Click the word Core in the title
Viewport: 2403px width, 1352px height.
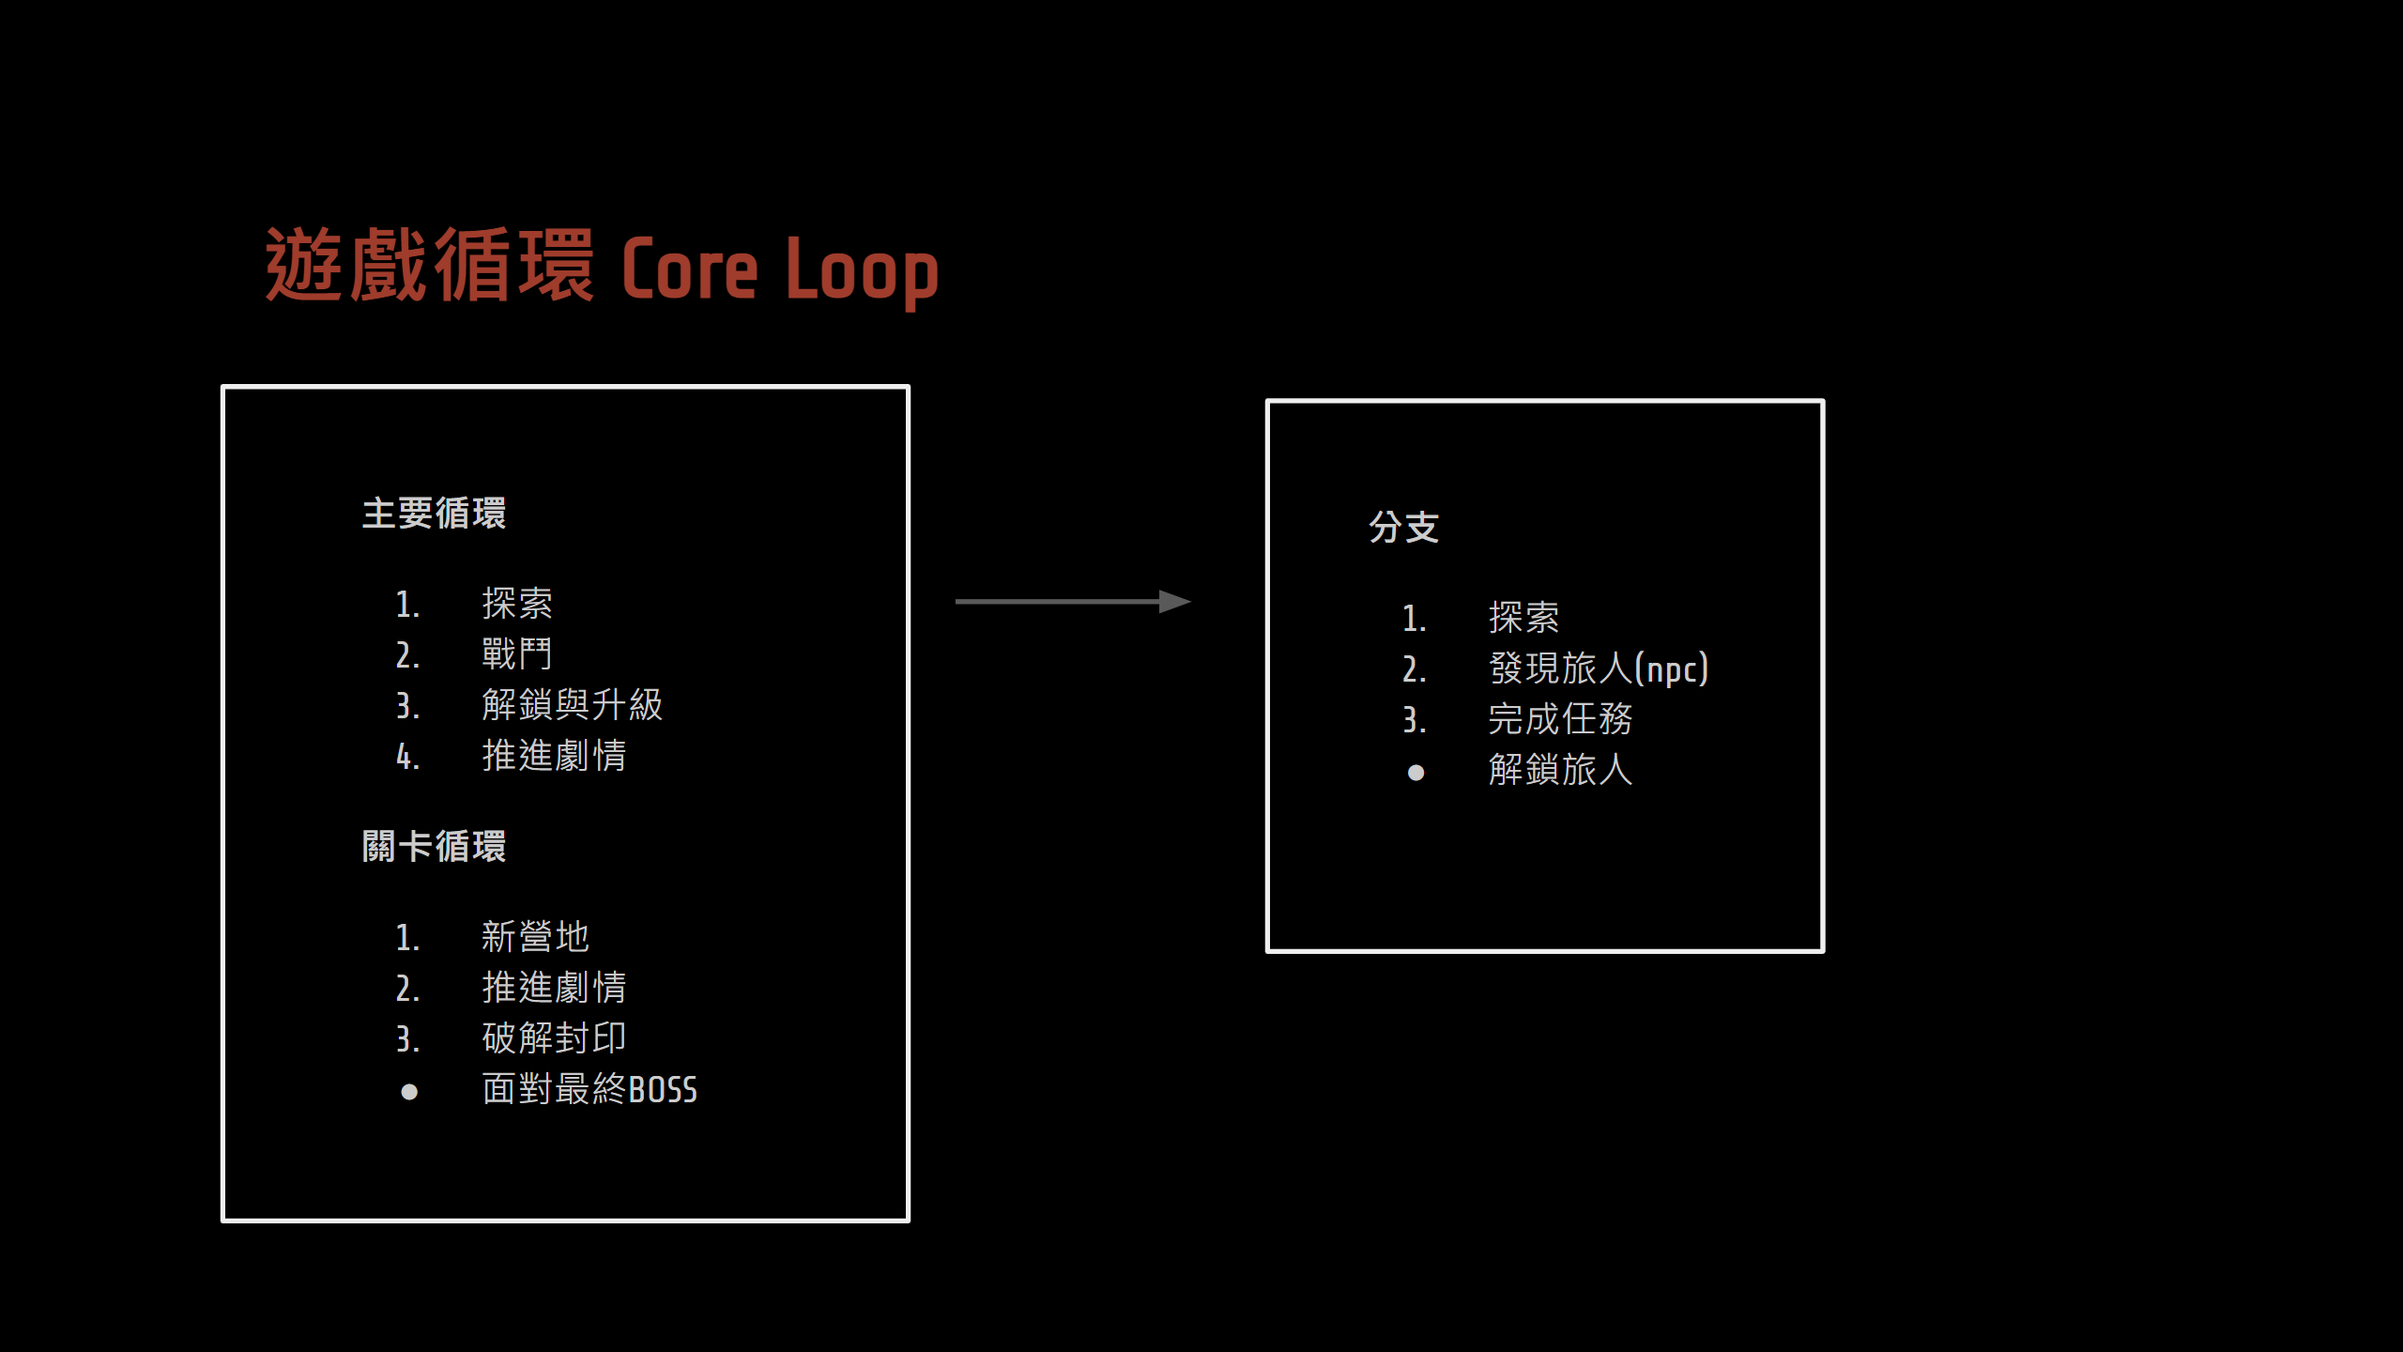click(x=689, y=270)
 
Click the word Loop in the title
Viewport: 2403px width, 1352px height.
click(x=862, y=272)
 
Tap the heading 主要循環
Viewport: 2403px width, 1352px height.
click(x=434, y=514)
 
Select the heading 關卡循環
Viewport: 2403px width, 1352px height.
click(x=434, y=846)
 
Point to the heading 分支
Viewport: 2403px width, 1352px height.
click(x=1403, y=528)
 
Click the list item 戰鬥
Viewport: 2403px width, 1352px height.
click(x=517, y=653)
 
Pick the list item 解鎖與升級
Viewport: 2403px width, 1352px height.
click(x=572, y=704)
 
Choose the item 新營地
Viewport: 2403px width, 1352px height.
click(x=535, y=936)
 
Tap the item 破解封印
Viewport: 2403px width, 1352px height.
click(x=554, y=1037)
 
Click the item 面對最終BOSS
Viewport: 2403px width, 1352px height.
click(x=589, y=1089)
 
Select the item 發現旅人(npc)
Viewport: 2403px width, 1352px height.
click(x=1598, y=668)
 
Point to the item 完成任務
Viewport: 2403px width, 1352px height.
click(x=1560, y=719)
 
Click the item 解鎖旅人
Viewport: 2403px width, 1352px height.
click(x=1560, y=770)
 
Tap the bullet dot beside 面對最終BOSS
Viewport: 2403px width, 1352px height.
click(x=409, y=1091)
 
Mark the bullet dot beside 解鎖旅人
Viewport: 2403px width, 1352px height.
click(x=1416, y=773)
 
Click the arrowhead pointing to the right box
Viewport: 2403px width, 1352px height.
click(x=1174, y=601)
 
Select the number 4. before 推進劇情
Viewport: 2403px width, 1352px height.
click(x=407, y=757)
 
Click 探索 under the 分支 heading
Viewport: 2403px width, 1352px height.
click(x=1523, y=618)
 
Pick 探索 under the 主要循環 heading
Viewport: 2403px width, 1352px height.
click(x=517, y=604)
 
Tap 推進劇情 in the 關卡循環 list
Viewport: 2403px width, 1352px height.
click(x=554, y=987)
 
